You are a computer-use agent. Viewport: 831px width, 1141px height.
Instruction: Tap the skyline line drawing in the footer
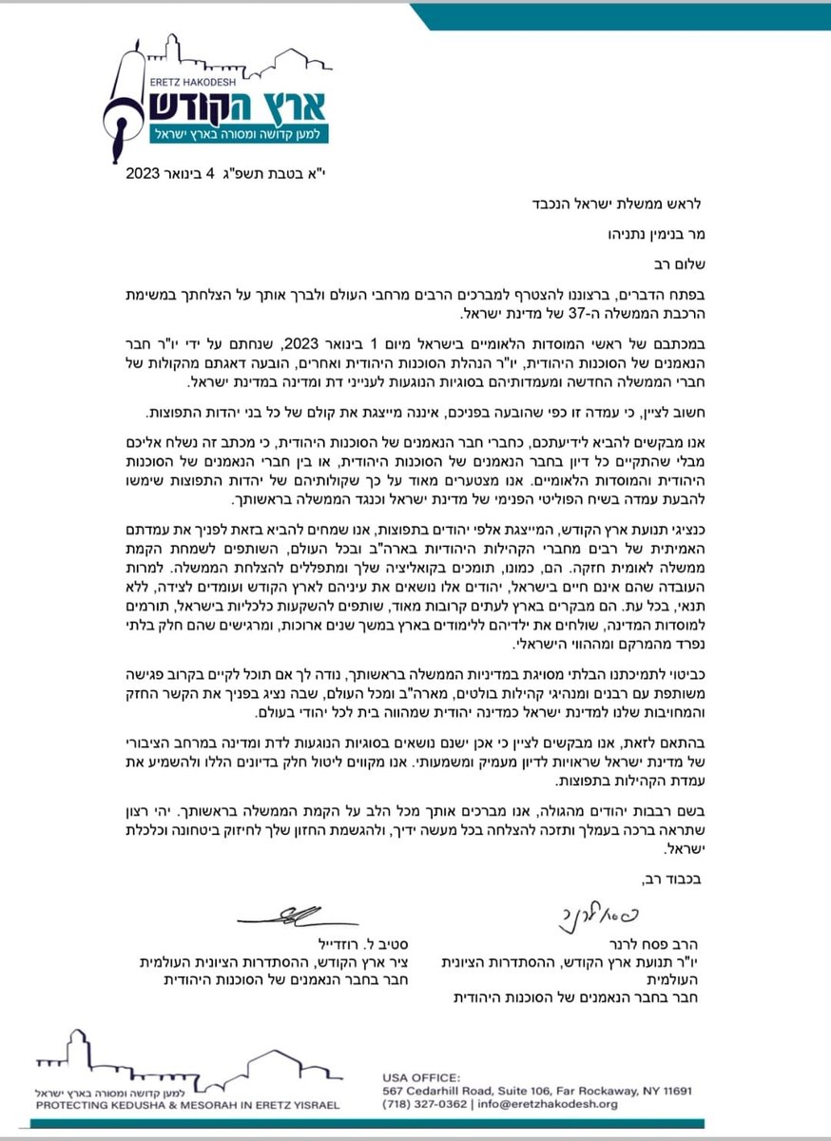click(181, 1060)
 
